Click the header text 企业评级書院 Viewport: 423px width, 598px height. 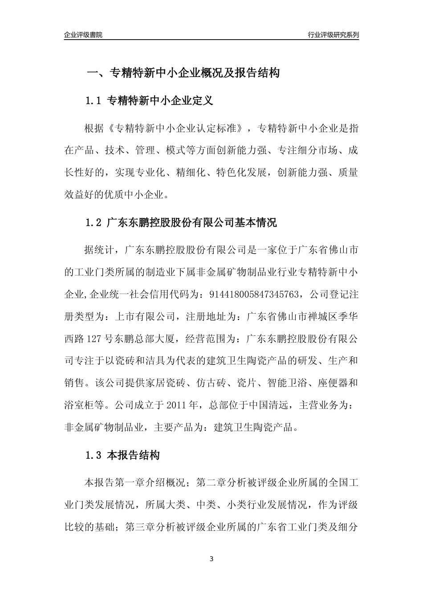click(x=83, y=35)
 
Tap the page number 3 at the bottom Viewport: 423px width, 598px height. click(x=211, y=559)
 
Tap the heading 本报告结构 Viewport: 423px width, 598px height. click(x=133, y=455)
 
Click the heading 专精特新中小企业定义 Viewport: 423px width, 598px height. click(x=160, y=101)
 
